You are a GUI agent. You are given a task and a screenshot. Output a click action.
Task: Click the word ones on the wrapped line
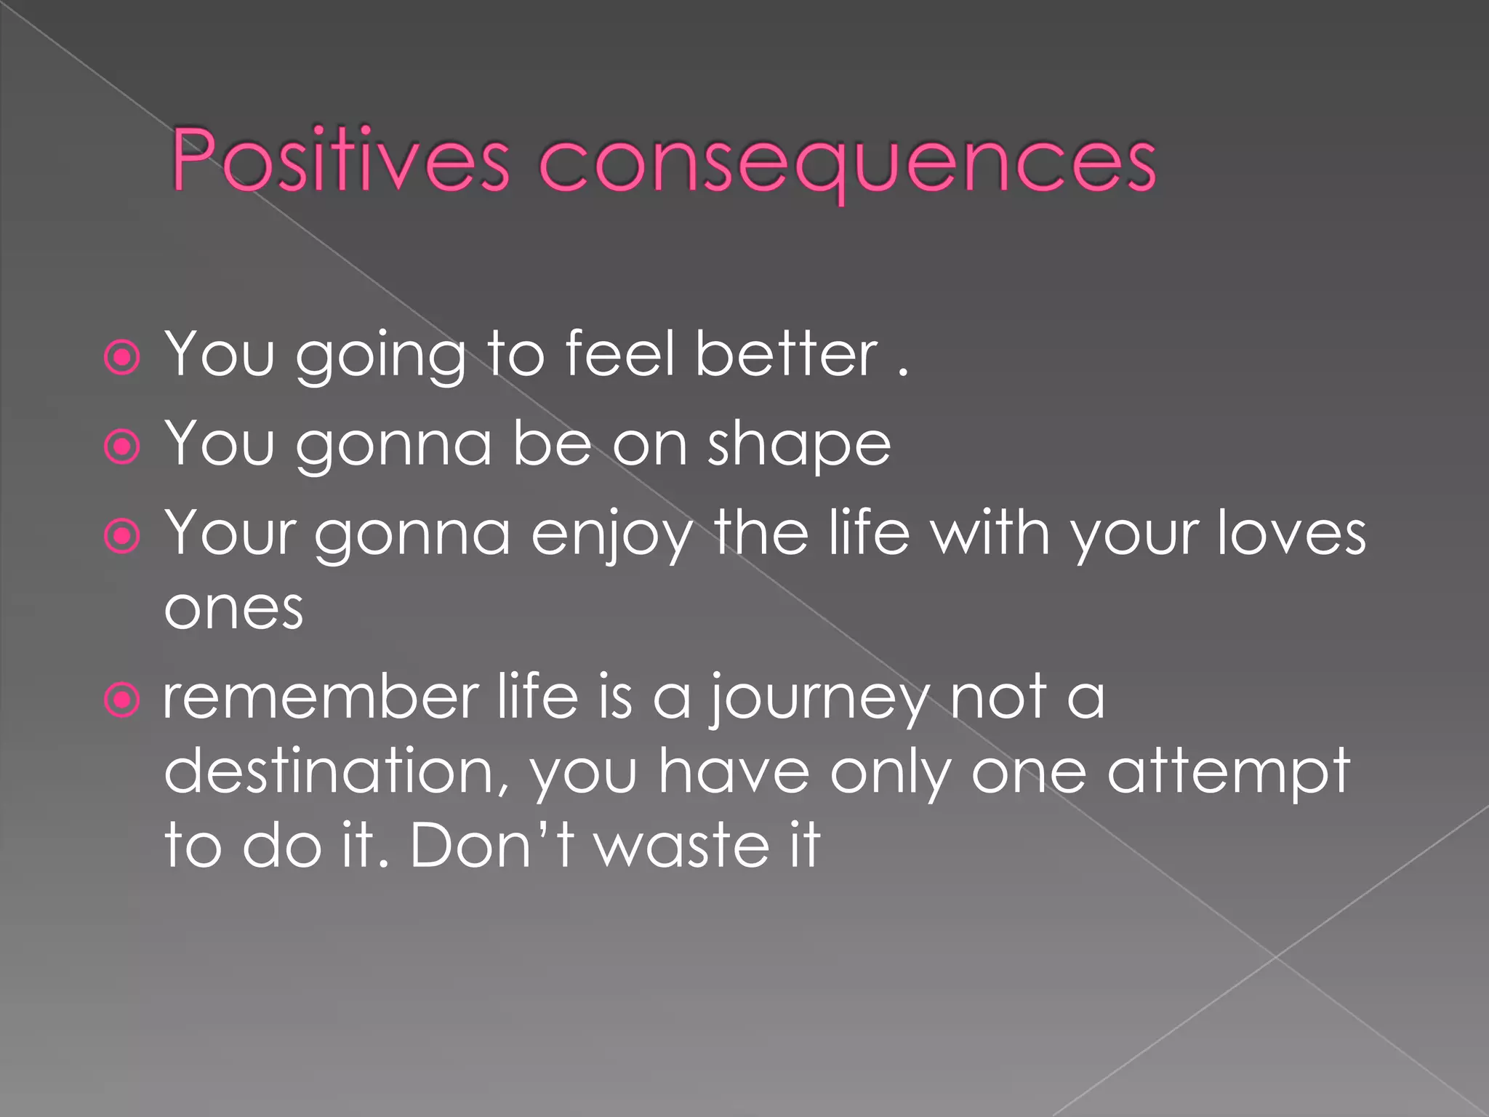[x=233, y=609]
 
